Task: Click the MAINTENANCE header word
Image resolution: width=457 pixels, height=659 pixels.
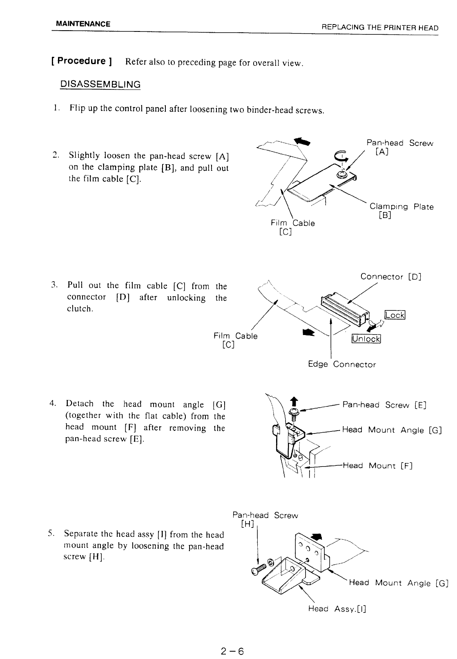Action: point(83,24)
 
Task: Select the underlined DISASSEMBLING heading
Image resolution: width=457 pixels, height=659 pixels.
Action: point(100,84)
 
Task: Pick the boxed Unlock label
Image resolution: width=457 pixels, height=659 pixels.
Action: point(366,339)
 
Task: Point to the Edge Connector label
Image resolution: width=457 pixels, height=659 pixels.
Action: point(342,364)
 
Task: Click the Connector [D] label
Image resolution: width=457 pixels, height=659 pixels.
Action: point(390,277)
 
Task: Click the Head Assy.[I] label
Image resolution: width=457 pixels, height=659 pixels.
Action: point(337,609)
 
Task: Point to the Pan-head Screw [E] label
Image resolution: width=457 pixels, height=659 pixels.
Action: point(384,405)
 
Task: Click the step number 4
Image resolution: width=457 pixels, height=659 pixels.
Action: point(53,404)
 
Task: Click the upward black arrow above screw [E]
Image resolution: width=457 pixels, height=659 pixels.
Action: point(293,401)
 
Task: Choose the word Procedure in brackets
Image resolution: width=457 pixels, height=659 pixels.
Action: point(81,61)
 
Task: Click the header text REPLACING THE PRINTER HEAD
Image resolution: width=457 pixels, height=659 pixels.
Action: point(380,28)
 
